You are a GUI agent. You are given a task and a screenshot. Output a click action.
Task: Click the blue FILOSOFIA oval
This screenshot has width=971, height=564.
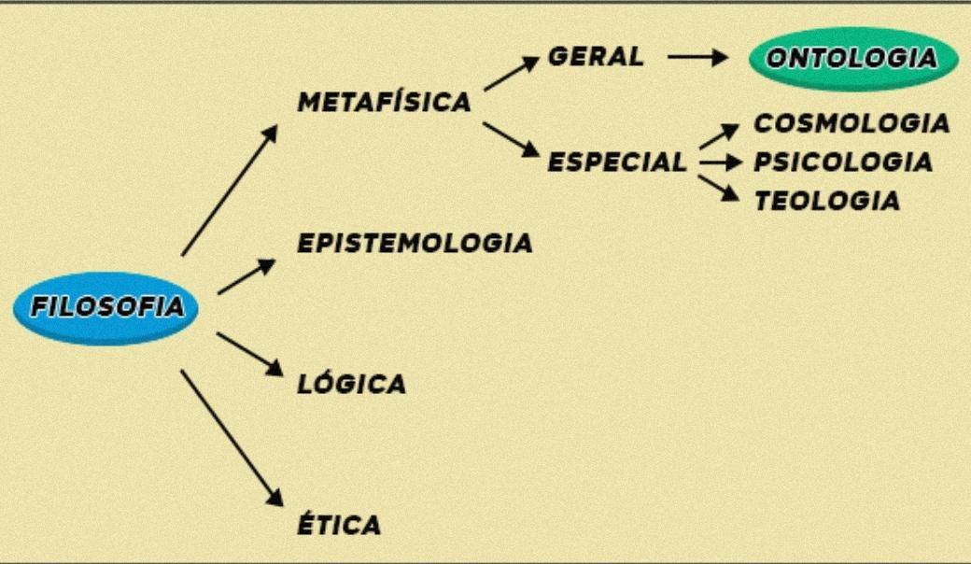106,307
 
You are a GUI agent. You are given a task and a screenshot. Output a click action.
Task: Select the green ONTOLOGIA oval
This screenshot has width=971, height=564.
853,59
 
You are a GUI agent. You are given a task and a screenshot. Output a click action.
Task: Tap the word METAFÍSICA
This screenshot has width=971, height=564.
384,103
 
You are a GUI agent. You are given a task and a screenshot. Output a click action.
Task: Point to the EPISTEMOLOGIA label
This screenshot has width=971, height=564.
415,243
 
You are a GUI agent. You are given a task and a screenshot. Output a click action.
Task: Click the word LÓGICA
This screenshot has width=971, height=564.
352,384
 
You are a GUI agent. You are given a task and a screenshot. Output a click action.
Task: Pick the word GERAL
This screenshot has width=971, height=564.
596,56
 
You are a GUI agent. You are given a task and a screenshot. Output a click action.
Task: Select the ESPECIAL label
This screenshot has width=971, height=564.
617,162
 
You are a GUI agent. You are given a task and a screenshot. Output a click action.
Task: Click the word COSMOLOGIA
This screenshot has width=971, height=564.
851,123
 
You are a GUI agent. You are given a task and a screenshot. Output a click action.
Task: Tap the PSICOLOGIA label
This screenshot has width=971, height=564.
843,162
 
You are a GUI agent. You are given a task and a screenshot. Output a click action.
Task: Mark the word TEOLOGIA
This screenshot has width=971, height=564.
827,201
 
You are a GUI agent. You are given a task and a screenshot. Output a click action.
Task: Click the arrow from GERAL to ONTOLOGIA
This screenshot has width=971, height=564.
697,58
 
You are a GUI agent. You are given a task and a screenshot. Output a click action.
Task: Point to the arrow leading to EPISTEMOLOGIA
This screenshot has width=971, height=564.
246,276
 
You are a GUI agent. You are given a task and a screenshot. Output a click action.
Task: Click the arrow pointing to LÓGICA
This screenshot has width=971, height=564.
249,354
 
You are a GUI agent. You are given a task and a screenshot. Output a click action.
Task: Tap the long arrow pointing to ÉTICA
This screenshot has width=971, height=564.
231,437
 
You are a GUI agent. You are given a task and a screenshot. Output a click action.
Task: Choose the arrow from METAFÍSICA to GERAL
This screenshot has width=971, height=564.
512,74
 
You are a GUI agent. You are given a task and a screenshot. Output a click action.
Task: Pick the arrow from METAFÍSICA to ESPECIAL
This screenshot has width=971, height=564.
512,138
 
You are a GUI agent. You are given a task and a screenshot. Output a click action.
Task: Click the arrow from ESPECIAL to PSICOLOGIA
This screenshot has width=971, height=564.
721,162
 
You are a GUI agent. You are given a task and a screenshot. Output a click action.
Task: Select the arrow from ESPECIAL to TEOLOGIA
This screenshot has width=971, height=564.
719,187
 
